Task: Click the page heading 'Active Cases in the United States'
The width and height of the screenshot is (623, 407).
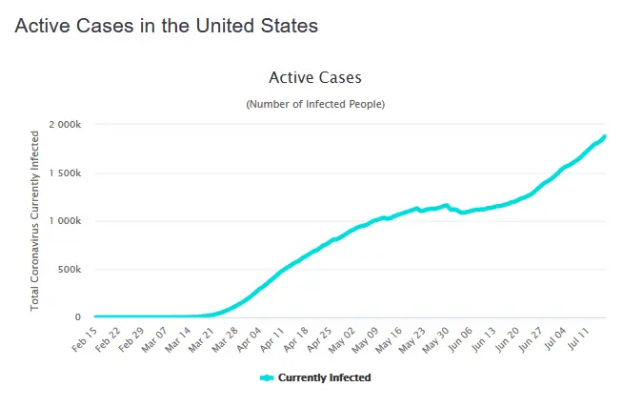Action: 166,26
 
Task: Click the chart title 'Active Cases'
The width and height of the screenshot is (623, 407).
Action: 315,77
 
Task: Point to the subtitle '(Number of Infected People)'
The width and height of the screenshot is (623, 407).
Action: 315,103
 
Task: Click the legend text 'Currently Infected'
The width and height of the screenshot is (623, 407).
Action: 324,377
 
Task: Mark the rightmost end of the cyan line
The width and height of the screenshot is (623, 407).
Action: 605,136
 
